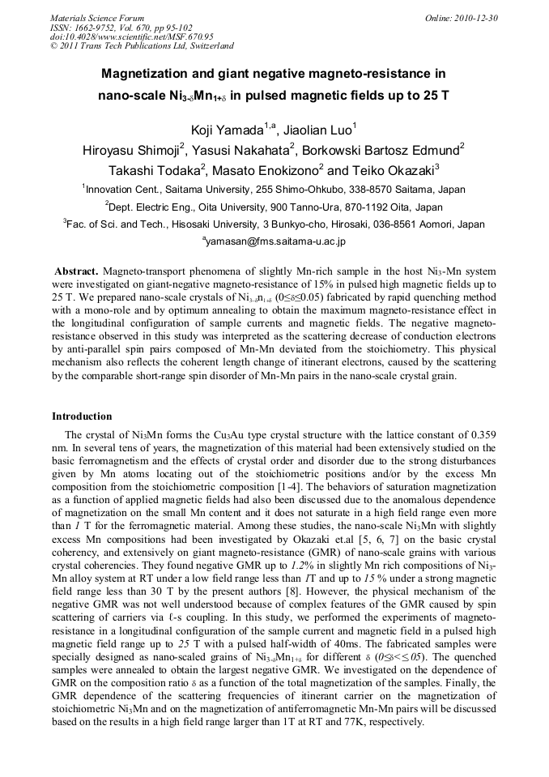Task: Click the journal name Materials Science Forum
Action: (x=97, y=18)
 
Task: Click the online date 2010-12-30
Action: (x=479, y=18)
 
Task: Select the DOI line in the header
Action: (x=131, y=36)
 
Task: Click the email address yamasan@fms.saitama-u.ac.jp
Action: (x=275, y=241)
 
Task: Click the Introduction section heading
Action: (x=82, y=416)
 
